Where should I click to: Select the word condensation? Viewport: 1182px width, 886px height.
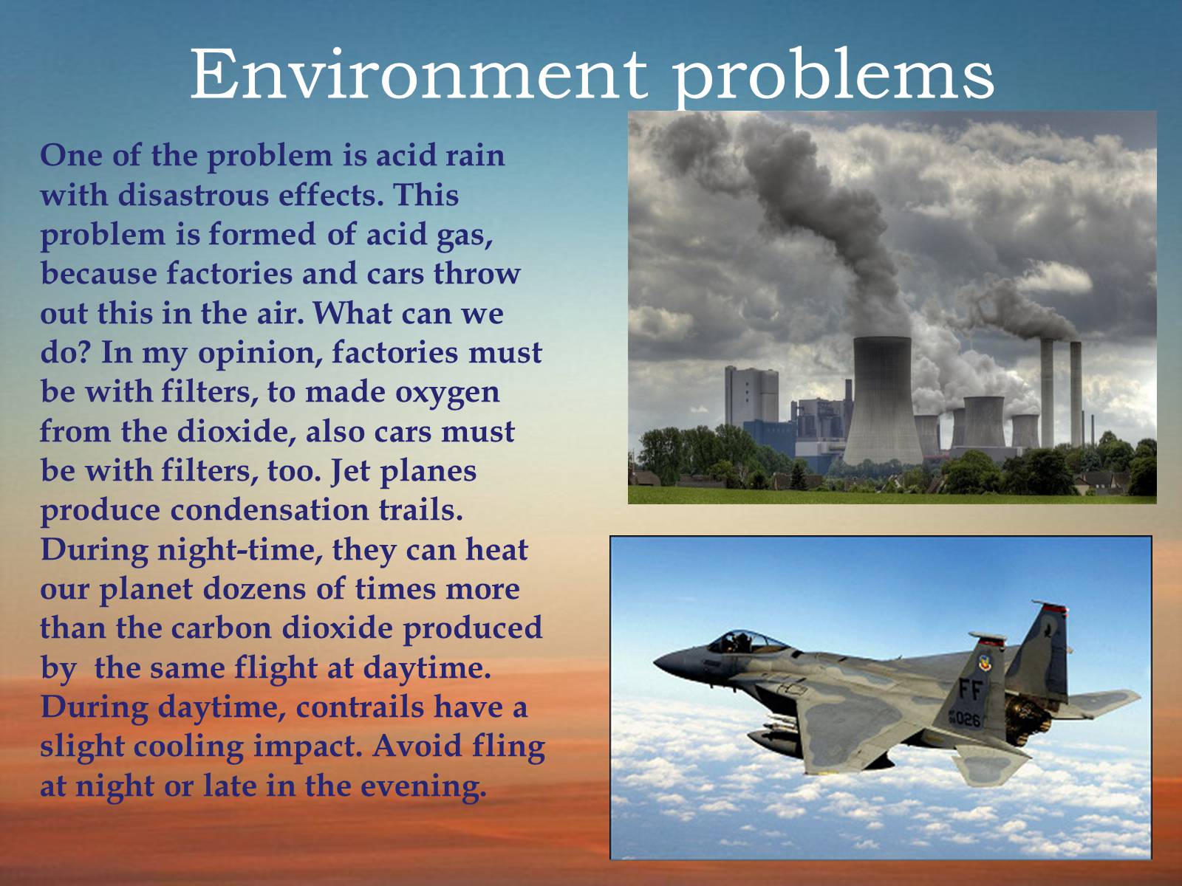269,510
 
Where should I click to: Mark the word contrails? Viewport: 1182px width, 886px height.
361,707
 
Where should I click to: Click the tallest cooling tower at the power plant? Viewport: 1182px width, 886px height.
882,401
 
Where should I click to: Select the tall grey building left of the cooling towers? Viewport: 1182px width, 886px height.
751,397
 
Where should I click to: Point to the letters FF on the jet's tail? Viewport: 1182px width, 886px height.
971,689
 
